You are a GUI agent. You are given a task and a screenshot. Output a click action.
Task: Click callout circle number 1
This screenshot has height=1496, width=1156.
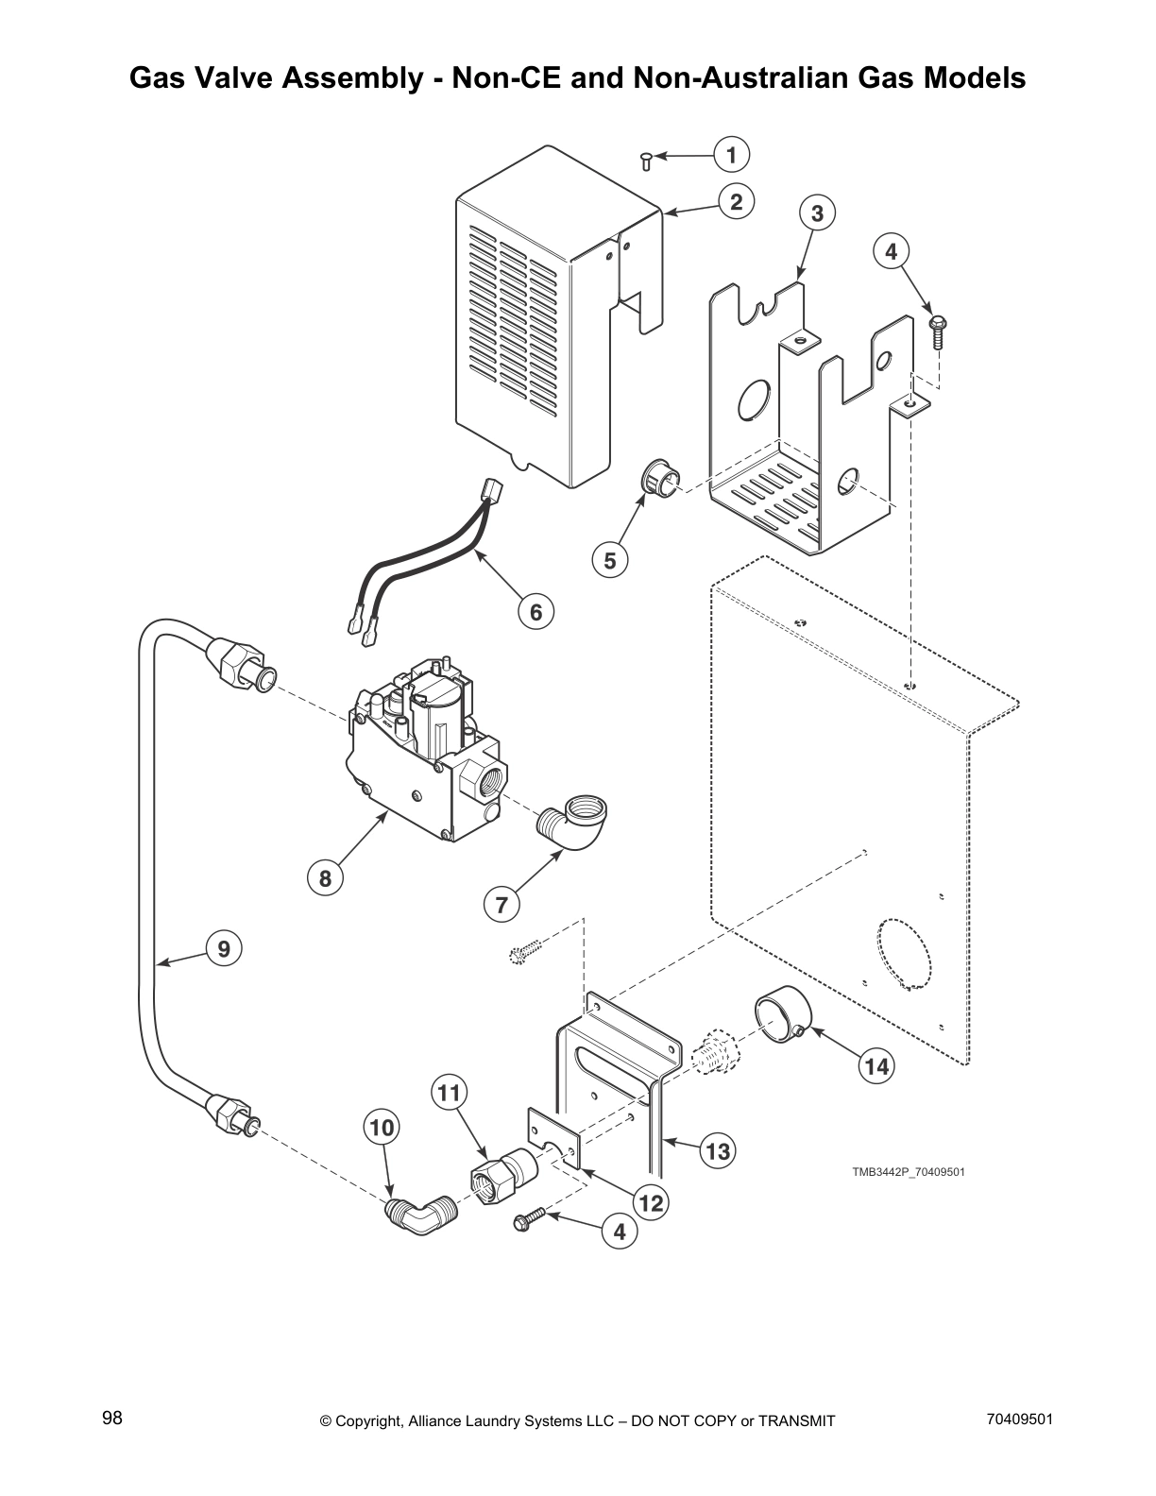[731, 154]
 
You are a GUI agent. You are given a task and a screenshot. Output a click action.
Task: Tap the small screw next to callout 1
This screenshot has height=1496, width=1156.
[646, 161]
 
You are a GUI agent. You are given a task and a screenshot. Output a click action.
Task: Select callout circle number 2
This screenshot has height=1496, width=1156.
[736, 201]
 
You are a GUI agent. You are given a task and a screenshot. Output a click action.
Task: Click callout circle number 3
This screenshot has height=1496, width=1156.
[817, 213]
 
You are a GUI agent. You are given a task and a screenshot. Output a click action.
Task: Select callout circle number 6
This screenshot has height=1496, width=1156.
[535, 612]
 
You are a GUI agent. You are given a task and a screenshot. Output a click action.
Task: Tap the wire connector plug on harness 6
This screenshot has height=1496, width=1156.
[490, 489]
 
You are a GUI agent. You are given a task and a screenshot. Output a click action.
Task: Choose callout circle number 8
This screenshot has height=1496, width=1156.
[325, 878]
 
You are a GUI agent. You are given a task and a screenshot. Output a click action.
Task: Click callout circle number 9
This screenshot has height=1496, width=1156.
[224, 947]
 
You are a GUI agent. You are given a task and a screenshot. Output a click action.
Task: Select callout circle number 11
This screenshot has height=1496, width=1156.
[450, 1093]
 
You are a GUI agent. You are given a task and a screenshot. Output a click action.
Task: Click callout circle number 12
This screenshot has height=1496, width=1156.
[651, 1203]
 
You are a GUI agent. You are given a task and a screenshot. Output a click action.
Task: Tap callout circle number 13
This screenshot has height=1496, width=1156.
[718, 1151]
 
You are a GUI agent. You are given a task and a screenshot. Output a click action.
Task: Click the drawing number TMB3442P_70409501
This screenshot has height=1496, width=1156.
[908, 1172]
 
